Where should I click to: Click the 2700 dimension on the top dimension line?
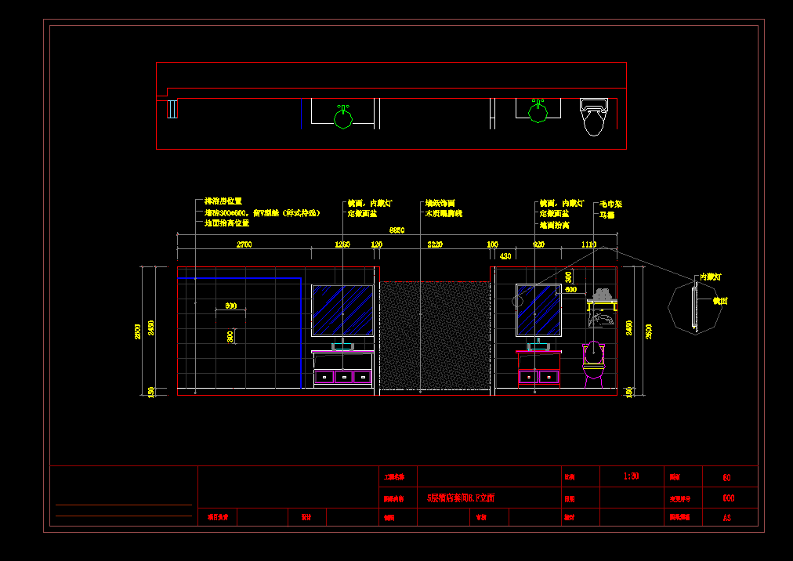pyautogui.click(x=244, y=244)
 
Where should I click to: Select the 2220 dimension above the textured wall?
pyautogui.click(x=435, y=244)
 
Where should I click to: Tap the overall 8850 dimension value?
pyautogui.click(x=397, y=230)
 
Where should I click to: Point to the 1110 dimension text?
pyautogui.click(x=589, y=244)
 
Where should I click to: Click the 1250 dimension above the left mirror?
pyautogui.click(x=342, y=244)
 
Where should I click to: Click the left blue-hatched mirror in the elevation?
pyautogui.click(x=343, y=311)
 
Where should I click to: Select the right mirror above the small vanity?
pyautogui.click(x=538, y=310)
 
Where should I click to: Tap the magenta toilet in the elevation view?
pyautogui.click(x=594, y=363)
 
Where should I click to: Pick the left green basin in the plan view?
pyautogui.click(x=343, y=118)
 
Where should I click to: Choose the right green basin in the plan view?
pyautogui.click(x=538, y=112)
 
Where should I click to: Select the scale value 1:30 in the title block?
pyautogui.click(x=632, y=476)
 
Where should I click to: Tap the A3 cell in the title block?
pyautogui.click(x=728, y=518)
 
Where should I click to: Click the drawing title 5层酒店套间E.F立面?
pyautogui.click(x=461, y=498)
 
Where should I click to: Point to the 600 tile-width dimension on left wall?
pyautogui.click(x=231, y=306)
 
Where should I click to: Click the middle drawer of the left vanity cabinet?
pyautogui.click(x=343, y=378)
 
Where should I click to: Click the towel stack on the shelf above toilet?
pyautogui.click(x=602, y=295)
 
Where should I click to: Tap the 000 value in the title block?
pyautogui.click(x=728, y=498)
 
